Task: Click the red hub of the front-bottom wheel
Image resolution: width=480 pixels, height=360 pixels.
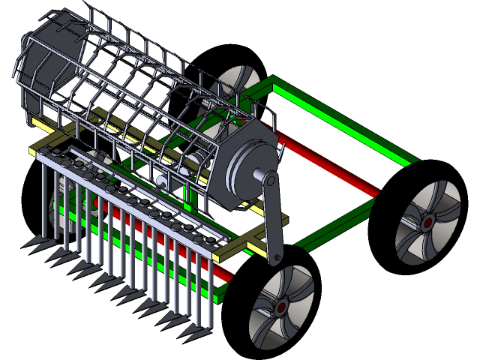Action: coord(282,307)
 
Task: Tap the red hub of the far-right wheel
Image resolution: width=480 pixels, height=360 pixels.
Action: coord(427,222)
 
